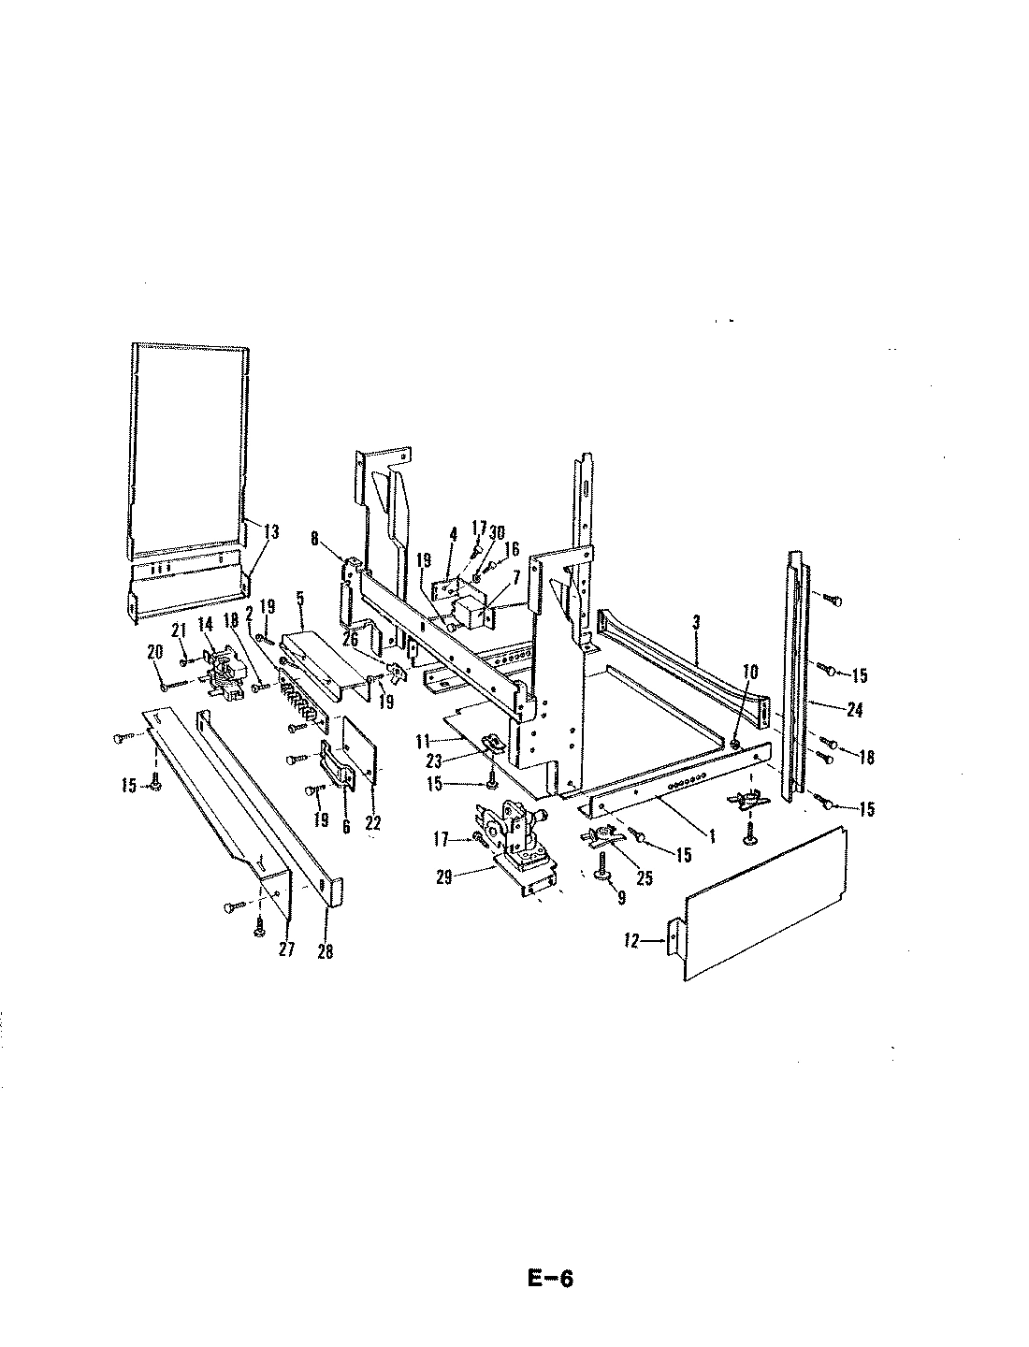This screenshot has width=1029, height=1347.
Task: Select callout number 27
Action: [286, 949]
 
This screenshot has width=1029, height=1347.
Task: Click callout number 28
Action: [326, 952]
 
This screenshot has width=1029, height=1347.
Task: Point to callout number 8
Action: [314, 538]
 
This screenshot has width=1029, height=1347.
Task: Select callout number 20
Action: [153, 650]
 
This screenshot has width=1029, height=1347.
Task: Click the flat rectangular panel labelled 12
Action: [762, 903]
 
